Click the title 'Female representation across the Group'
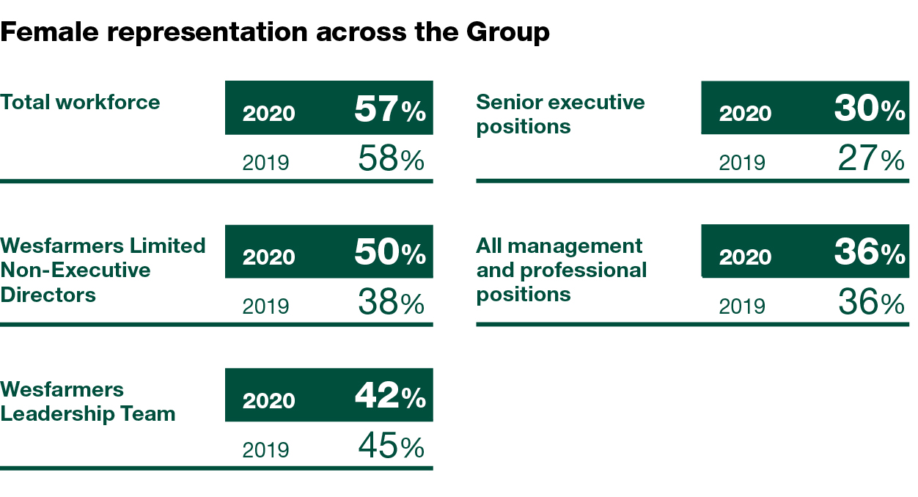point(275,32)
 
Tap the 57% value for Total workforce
point(389,110)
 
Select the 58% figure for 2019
point(391,159)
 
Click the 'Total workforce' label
point(80,102)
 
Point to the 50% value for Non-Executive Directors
point(389,254)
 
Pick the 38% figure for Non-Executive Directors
point(391,303)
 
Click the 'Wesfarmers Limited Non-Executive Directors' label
point(103,270)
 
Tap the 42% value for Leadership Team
point(389,397)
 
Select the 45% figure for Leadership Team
point(391,446)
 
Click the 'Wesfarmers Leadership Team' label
point(88,402)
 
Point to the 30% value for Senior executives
point(869,110)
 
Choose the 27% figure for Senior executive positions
point(870,159)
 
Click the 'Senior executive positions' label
point(560,114)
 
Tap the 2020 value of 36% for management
point(869,254)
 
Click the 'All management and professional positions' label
point(561,270)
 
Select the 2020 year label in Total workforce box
point(269,114)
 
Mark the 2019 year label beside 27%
point(742,162)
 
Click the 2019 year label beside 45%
point(265,449)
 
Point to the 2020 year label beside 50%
point(269,257)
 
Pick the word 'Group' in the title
point(511,32)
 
